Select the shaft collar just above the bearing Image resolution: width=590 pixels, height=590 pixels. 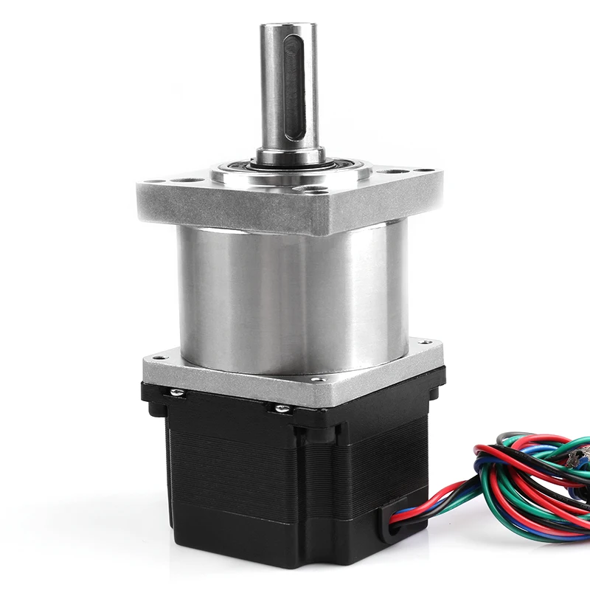point(289,156)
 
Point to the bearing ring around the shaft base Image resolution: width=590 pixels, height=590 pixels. point(289,168)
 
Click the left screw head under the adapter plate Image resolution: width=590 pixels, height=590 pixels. point(176,392)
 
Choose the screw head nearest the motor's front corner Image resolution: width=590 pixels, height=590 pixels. point(281,407)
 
